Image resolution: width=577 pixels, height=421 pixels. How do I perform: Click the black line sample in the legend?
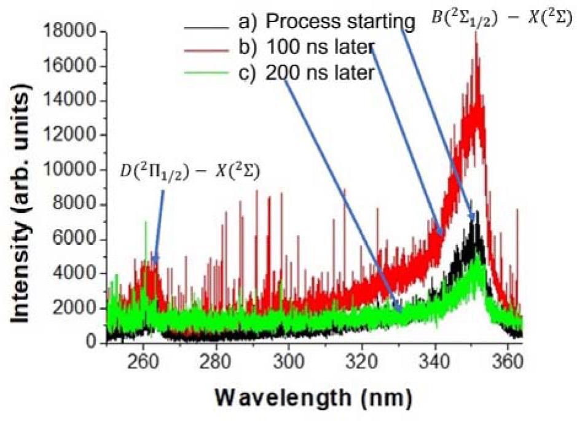coord(207,26)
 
